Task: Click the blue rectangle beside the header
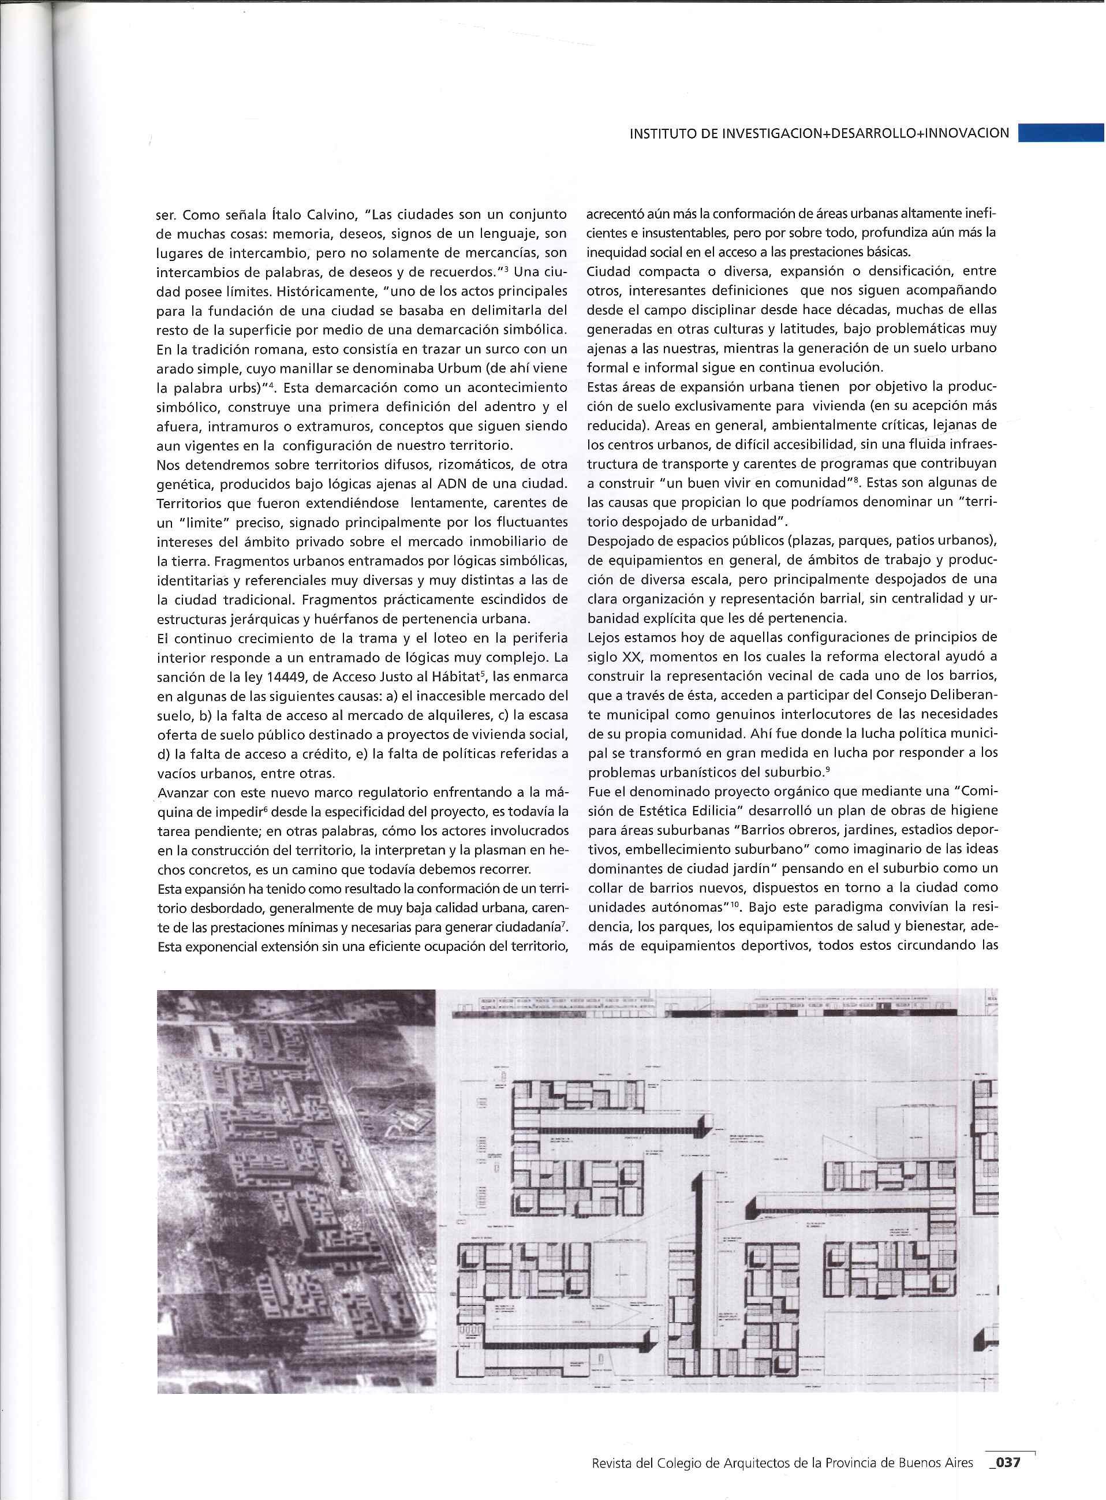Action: [1061, 133]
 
